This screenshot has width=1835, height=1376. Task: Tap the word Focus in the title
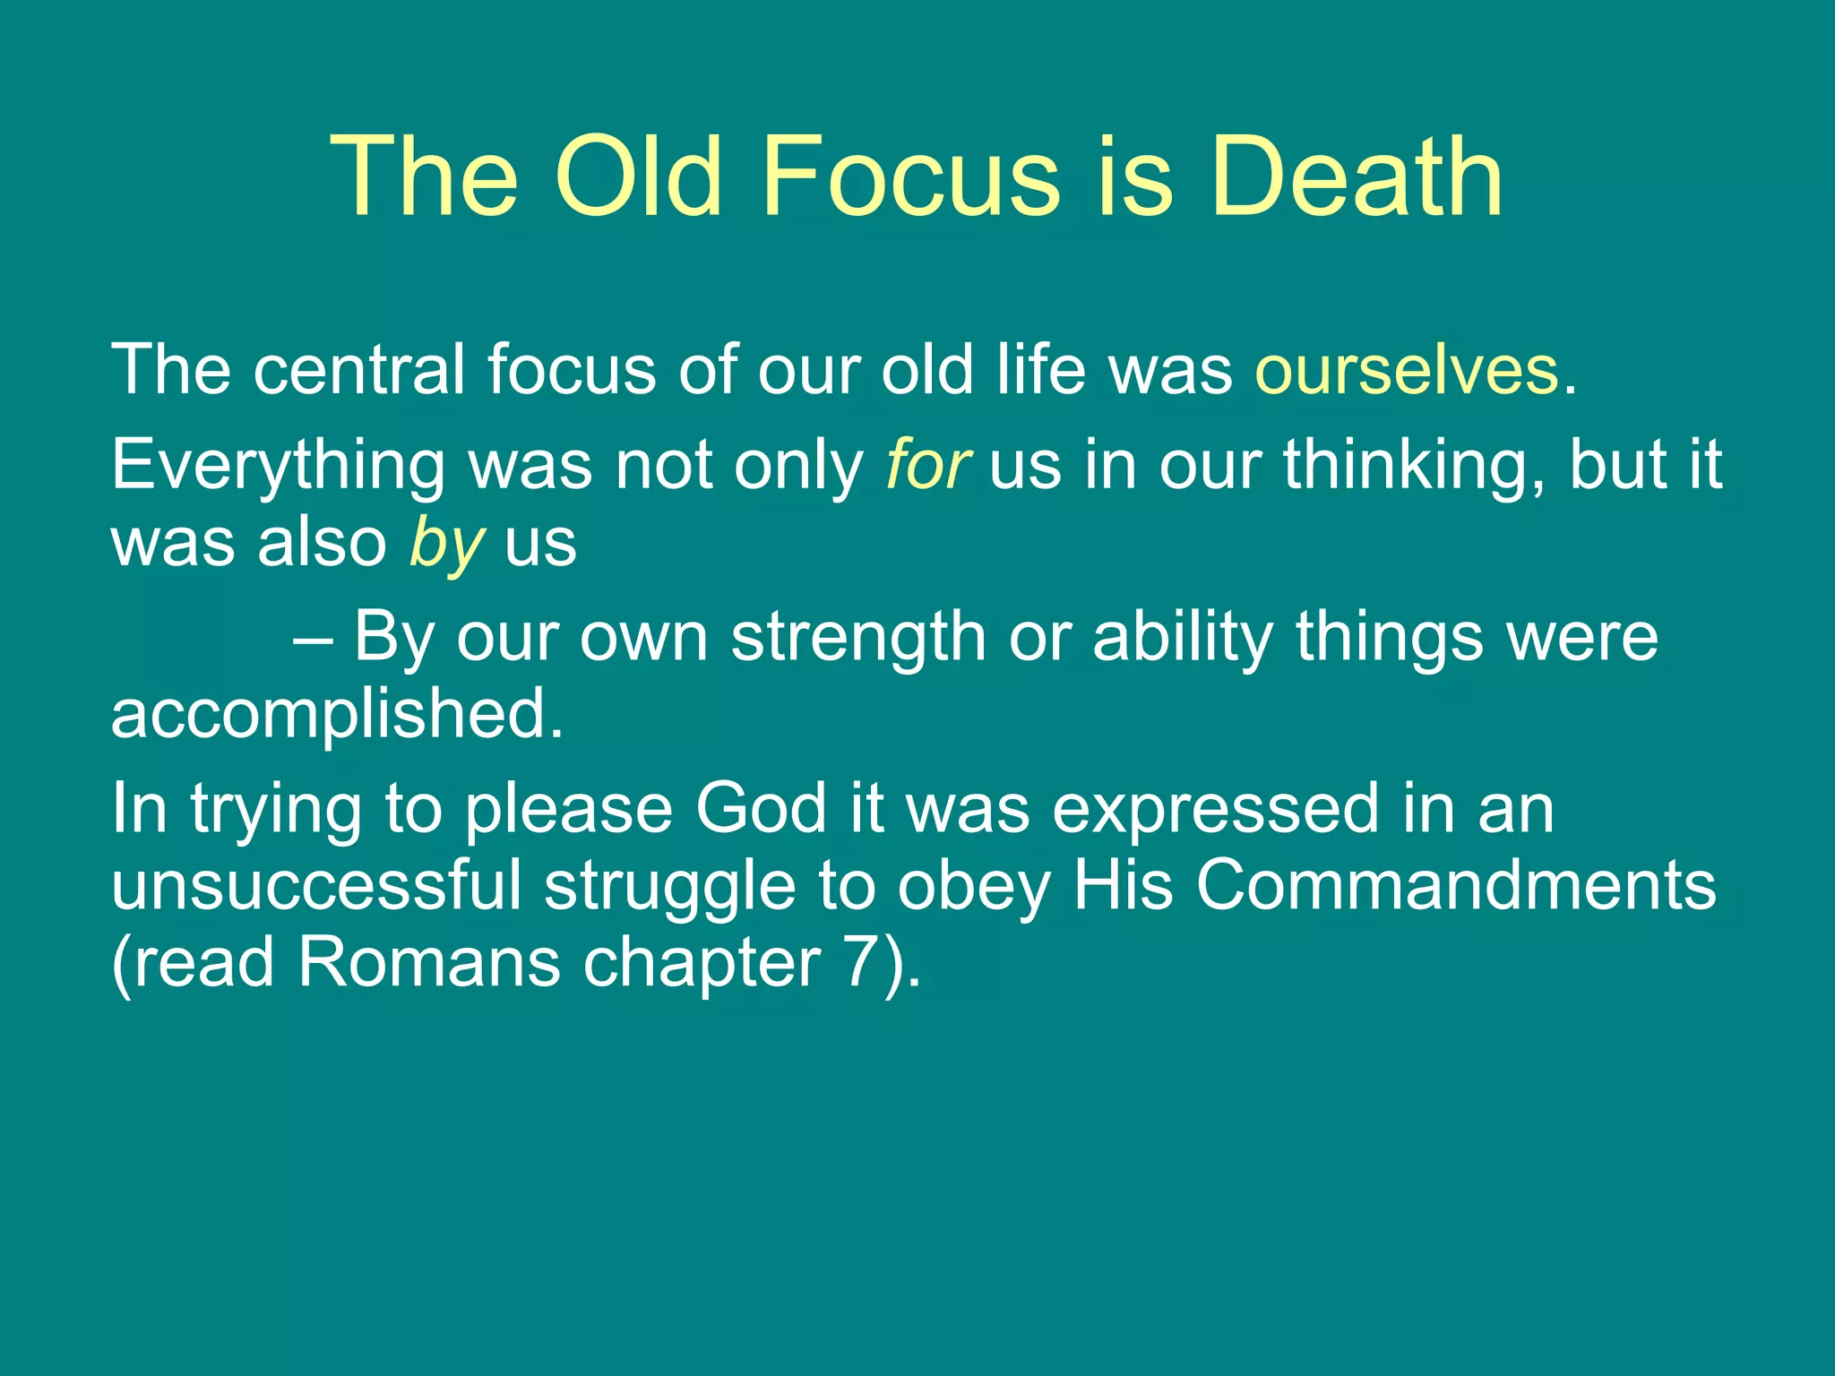tap(912, 176)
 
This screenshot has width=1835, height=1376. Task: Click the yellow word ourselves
tap(1407, 370)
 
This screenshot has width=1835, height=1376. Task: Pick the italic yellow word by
tap(446, 545)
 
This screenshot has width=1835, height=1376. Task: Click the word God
tap(760, 809)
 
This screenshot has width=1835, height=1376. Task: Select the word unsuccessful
tap(315, 885)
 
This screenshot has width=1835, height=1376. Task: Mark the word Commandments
tap(1456, 885)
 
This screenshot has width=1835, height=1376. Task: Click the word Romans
tap(428, 963)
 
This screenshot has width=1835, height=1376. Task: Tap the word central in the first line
tap(358, 370)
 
